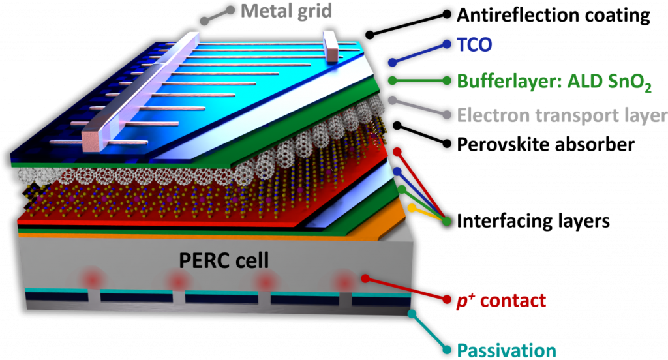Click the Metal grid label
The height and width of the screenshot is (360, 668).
coord(286,10)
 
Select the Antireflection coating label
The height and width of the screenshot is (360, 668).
coord(553,16)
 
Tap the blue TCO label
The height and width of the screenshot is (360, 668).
coord(474,44)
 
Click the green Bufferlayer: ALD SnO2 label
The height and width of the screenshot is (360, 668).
coord(554,82)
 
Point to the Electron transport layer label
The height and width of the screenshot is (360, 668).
coord(562,115)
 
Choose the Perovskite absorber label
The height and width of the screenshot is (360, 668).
coord(546,144)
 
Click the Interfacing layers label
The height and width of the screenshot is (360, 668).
coord(533,220)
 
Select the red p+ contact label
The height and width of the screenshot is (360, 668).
coord(501,301)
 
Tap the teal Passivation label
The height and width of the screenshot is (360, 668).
coord(506,351)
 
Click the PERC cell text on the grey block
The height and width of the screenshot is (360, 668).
coord(224,260)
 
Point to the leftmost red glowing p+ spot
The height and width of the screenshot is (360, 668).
coord(93,280)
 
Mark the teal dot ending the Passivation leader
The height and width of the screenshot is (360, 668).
coord(412,314)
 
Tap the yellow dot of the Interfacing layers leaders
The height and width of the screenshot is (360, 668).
coord(412,208)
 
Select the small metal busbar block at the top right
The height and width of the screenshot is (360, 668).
coord(331,46)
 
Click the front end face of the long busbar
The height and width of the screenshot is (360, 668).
coord(91,141)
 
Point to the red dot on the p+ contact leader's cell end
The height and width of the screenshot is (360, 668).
coord(365,278)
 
